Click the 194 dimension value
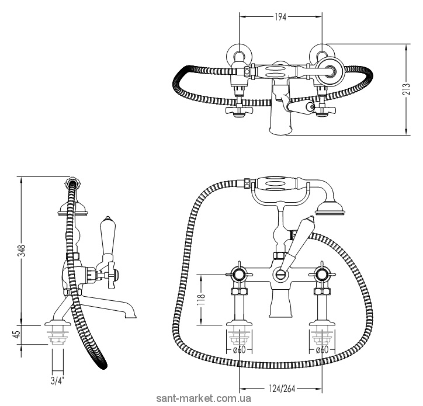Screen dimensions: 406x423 (280, 17)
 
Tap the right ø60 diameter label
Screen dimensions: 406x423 (322, 350)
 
